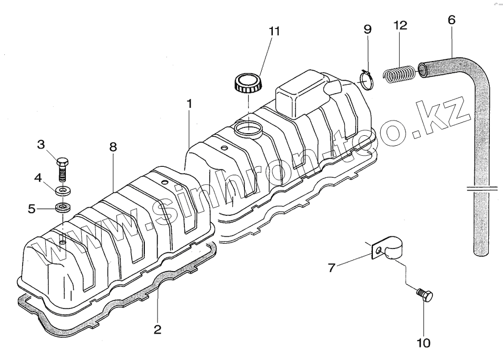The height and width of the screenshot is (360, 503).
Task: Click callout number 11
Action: pyautogui.click(x=273, y=31)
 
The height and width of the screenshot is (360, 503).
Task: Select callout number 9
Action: pyautogui.click(x=368, y=29)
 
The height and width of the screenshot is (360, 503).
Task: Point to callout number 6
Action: pyautogui.click(x=451, y=20)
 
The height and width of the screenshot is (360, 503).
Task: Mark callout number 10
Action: pyautogui.click(x=423, y=343)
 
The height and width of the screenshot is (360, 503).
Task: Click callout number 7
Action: pyautogui.click(x=331, y=268)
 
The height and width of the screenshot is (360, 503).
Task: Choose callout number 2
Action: pyautogui.click(x=157, y=330)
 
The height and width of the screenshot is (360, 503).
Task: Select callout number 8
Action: pyautogui.click(x=113, y=148)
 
